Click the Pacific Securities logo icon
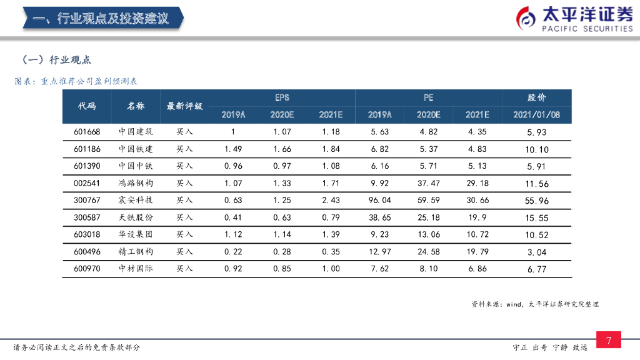click(526, 19)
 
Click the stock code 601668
click(87, 132)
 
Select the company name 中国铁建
click(136, 149)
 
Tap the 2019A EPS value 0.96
click(233, 166)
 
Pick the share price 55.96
click(537, 201)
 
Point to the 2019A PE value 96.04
click(380, 201)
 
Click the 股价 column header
click(537, 97)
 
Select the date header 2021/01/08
click(537, 115)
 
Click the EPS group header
click(282, 97)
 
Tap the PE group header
click(428, 97)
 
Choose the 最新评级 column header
click(184, 106)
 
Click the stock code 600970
click(87, 269)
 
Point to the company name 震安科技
click(136, 201)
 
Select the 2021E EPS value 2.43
click(331, 201)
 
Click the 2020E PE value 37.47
click(429, 184)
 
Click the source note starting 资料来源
click(536, 304)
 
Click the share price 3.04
click(537, 252)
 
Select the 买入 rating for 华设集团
click(184, 234)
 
